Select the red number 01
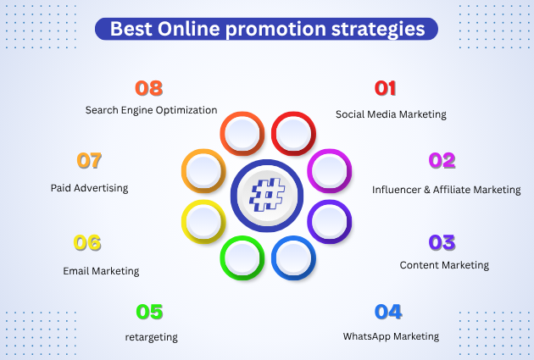click(385, 88)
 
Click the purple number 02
click(442, 160)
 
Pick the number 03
click(442, 242)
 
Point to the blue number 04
click(387, 312)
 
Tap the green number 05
click(149, 313)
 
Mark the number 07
click(89, 160)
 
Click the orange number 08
click(149, 88)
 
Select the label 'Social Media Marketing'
click(391, 114)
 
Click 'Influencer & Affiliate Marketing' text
click(445, 189)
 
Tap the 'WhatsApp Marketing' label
click(391, 336)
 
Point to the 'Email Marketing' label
click(101, 271)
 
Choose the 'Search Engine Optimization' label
click(151, 110)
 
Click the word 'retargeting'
click(151, 337)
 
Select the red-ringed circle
click(293, 133)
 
